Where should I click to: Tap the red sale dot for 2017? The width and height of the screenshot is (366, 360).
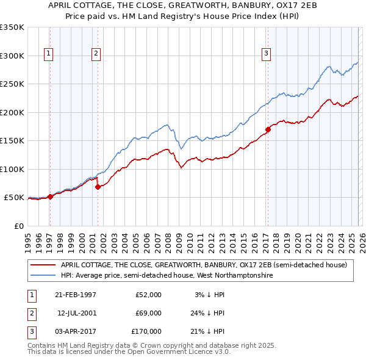pyautogui.click(x=268, y=129)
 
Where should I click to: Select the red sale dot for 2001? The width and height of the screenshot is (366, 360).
pyautogui.click(x=98, y=187)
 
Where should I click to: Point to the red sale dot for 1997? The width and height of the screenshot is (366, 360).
pyautogui.click(x=50, y=196)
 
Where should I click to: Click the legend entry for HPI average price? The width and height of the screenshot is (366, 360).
pyautogui.click(x=167, y=276)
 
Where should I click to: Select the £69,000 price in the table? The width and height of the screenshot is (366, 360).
pyautogui.click(x=148, y=313)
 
